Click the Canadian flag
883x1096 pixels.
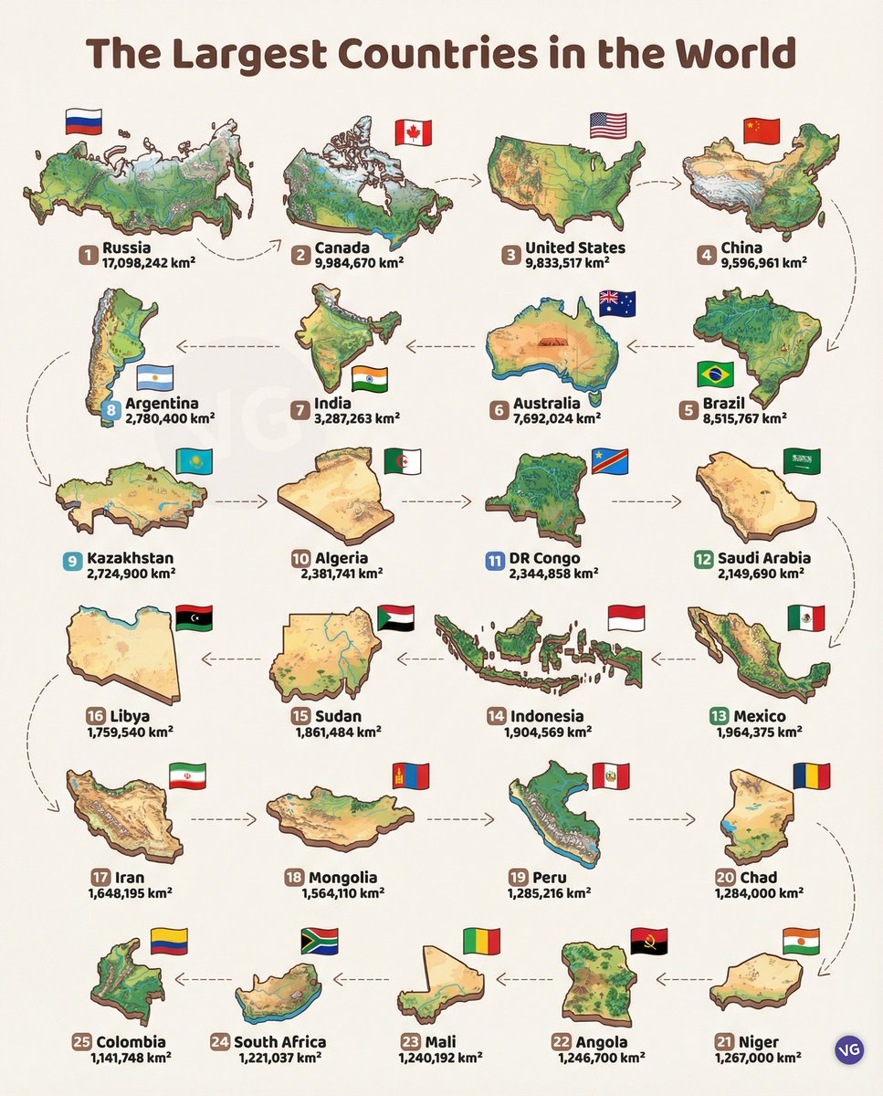[413, 133]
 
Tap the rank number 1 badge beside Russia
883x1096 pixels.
[87, 255]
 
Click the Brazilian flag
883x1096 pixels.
[715, 374]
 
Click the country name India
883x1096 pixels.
[332, 404]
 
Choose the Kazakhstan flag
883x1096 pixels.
[194, 462]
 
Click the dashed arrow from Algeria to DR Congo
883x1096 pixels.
[435, 501]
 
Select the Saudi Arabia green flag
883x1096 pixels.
[801, 461]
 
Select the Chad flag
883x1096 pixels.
[811, 776]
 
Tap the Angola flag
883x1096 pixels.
[648, 942]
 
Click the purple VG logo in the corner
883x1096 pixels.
[847, 1051]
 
